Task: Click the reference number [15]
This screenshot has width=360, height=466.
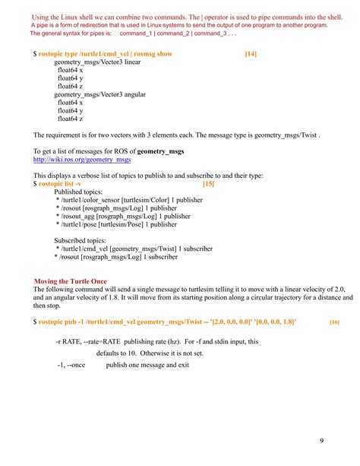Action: click(209, 184)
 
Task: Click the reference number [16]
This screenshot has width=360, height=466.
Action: click(334, 322)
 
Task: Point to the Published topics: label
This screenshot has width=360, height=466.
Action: click(80, 192)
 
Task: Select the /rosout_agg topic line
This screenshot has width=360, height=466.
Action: click(123, 217)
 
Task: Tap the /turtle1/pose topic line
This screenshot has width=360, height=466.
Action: click(116, 225)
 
